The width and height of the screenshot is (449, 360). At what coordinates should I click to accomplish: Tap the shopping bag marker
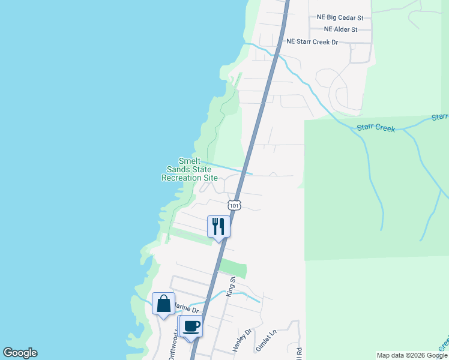(163, 303)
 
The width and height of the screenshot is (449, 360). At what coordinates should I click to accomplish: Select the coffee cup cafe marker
(191, 326)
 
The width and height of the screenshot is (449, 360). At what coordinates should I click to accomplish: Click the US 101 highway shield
(235, 205)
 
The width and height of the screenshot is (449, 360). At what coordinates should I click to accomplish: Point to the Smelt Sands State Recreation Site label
(190, 170)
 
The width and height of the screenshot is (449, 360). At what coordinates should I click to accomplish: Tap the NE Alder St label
(340, 29)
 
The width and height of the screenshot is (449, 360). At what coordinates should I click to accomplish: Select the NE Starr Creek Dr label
(313, 42)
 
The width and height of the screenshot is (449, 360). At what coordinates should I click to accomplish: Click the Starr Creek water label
(376, 127)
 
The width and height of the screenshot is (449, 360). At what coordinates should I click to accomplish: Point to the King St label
(230, 287)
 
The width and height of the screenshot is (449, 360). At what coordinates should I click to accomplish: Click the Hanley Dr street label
(240, 339)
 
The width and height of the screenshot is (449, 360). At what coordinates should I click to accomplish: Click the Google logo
(20, 353)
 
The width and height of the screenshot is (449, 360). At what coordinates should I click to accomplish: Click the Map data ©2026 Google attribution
(411, 355)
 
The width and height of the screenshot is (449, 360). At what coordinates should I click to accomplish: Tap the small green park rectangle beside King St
(233, 268)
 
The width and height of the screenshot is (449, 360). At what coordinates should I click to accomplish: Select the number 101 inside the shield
(235, 205)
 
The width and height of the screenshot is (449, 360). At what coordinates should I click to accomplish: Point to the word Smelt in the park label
(189, 161)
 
